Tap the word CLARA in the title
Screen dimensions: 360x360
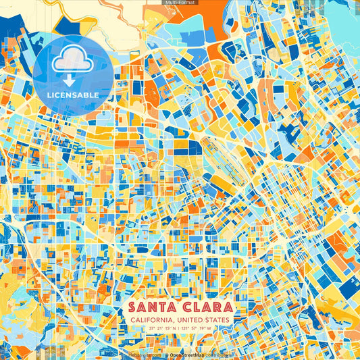203,307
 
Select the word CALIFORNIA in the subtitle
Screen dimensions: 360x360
150,319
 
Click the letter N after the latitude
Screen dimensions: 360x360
176,328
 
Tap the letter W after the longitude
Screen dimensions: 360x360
209,328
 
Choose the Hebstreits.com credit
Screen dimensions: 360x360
145,354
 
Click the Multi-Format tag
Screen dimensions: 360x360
180,3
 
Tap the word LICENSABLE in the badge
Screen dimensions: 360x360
74,95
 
